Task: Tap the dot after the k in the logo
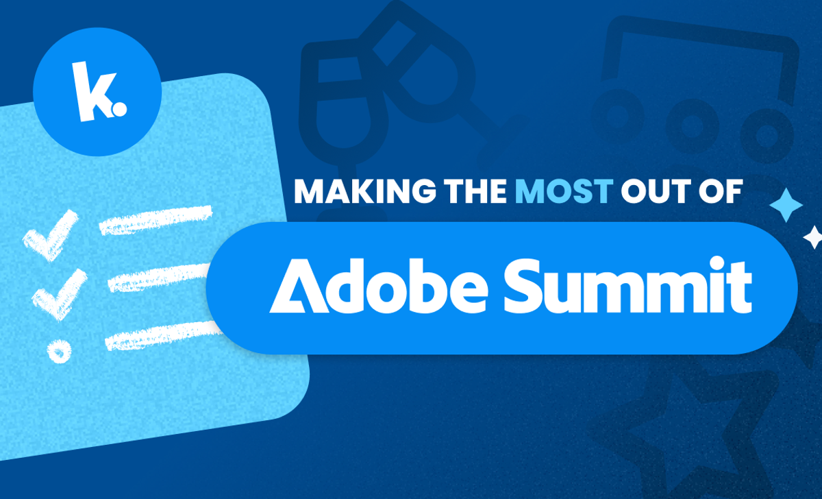[121, 108]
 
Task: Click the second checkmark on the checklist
[59, 289]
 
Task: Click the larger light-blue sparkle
[786, 204]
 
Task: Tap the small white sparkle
[813, 237]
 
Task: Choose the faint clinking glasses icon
[384, 89]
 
